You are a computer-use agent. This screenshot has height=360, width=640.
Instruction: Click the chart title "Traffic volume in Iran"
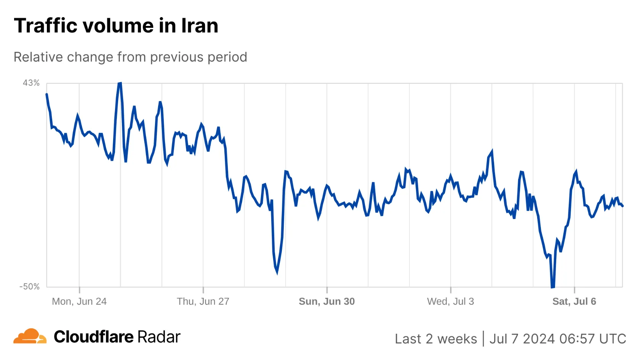point(116,26)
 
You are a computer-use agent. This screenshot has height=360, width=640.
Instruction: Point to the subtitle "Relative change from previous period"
point(130,57)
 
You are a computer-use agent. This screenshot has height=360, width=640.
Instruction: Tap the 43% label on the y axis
point(31,83)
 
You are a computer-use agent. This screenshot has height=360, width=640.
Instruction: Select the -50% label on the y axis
point(30,286)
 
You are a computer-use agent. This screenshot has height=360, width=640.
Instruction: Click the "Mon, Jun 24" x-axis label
point(79,301)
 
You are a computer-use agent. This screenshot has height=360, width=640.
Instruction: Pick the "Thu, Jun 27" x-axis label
point(203,301)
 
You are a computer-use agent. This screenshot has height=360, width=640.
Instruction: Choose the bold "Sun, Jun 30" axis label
point(326,301)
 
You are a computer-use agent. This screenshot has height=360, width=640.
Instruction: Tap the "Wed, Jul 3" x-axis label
point(450,301)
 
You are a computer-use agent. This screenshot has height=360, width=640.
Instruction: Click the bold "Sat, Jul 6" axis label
point(574,301)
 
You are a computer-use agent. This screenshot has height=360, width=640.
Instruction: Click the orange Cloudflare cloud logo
point(30,336)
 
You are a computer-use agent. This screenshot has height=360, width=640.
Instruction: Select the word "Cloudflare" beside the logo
point(94,337)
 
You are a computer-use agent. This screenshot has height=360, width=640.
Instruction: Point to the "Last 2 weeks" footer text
point(436,339)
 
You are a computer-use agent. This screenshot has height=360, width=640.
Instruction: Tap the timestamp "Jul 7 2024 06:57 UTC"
point(558,339)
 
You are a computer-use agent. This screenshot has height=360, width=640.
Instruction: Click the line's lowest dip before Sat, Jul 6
point(552,287)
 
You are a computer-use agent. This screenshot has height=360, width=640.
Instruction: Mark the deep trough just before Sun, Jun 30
point(277,272)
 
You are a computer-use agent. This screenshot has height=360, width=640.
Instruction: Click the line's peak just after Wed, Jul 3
point(492,151)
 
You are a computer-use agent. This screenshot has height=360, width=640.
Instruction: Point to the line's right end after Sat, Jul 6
point(622,206)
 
